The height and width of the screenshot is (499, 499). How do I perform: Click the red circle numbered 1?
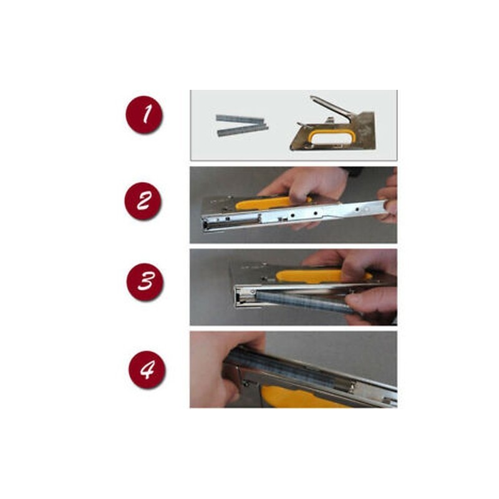tap(144, 114)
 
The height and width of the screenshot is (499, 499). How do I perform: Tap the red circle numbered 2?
tap(143, 201)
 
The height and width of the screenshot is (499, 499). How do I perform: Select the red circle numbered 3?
tap(145, 282)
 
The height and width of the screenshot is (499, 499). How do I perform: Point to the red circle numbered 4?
tap(147, 369)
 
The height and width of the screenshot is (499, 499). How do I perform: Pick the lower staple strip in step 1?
tap(243, 131)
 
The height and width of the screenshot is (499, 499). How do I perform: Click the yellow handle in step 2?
tap(271, 203)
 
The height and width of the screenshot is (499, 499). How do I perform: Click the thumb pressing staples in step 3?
tap(369, 303)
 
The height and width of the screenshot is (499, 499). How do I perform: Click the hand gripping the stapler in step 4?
tap(223, 369)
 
